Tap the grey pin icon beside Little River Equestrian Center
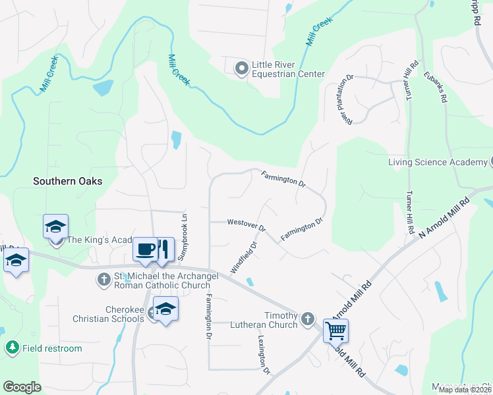click(241, 66)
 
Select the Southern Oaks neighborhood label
click(69, 181)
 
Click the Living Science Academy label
click(437, 163)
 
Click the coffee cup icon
click(146, 250)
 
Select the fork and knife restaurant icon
click(164, 250)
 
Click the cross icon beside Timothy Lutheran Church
click(306, 320)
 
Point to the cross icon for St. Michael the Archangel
click(103, 279)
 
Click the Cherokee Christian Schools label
click(125, 314)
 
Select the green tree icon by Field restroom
click(12, 348)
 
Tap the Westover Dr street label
click(245, 224)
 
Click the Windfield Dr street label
click(243, 258)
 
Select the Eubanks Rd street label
click(435, 87)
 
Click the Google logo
click(22, 387)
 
